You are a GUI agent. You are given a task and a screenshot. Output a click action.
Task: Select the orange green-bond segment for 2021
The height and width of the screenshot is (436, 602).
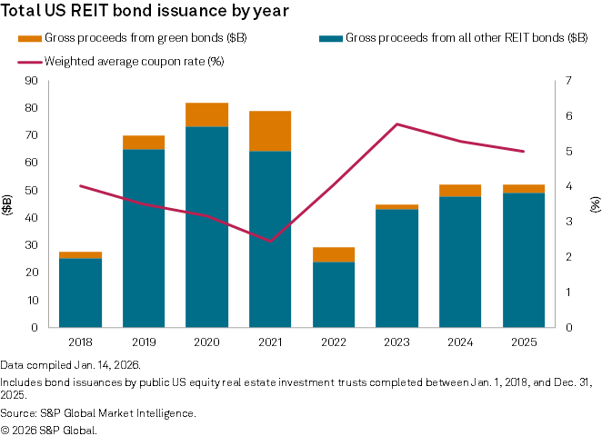pyautogui.click(x=270, y=131)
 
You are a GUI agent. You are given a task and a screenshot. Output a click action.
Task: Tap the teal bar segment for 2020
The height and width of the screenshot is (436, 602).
pyautogui.click(x=206, y=227)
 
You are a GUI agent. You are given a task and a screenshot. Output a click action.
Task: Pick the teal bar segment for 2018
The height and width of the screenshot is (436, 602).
pyautogui.click(x=80, y=292)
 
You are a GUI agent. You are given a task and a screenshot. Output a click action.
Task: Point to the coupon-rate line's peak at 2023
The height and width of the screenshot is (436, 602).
pyautogui.click(x=396, y=124)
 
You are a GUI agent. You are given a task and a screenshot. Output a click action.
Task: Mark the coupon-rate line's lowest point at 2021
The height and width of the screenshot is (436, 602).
pyautogui.click(x=270, y=241)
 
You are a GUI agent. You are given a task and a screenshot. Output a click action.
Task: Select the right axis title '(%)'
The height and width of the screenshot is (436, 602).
pyautogui.click(x=594, y=203)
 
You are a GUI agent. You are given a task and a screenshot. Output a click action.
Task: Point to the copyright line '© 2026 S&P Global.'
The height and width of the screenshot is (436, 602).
pyautogui.click(x=49, y=430)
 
